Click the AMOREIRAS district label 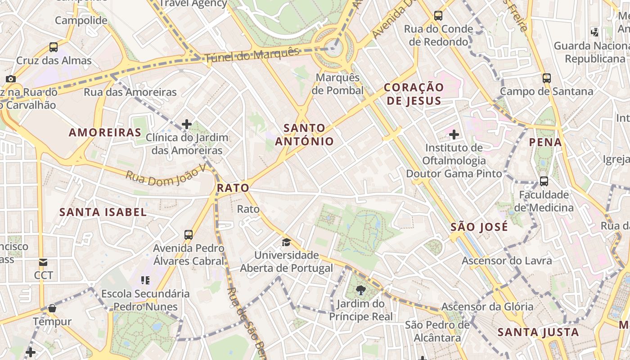[105, 132]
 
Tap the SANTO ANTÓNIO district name [305, 135]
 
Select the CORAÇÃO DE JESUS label [414, 94]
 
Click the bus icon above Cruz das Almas [54, 47]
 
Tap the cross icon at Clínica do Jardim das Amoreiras [187, 124]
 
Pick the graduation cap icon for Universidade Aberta [286, 243]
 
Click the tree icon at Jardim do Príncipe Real [360, 290]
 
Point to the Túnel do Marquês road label [252, 55]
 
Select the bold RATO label [233, 188]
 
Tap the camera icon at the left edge [11, 79]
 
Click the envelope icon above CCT [43, 262]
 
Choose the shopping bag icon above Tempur [52, 308]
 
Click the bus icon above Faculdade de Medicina [544, 181]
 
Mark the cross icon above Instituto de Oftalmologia [454, 134]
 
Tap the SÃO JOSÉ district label [479, 227]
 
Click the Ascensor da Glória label [487, 306]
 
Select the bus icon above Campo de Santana [547, 78]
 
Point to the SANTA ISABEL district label [103, 212]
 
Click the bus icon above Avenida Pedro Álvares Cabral [189, 234]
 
